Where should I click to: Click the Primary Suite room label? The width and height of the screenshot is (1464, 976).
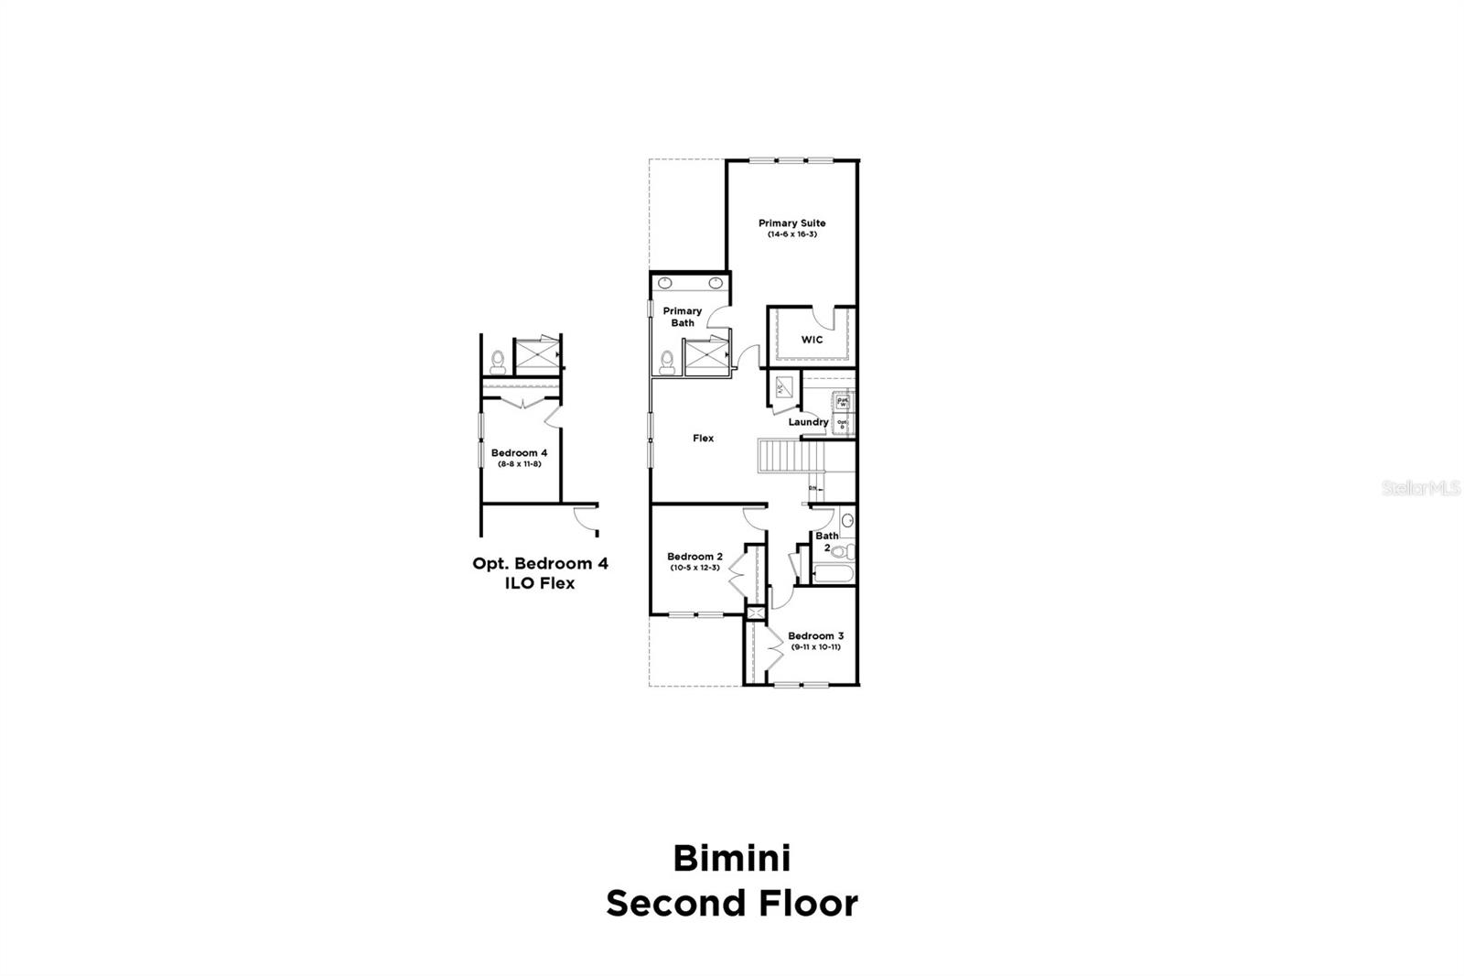pos(791,223)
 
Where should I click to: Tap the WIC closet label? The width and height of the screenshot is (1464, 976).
pos(812,340)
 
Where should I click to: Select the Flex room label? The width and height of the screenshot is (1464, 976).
pos(703,439)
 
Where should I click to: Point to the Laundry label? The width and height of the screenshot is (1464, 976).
pos(808,422)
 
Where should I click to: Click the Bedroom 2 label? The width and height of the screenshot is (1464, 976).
pos(694,557)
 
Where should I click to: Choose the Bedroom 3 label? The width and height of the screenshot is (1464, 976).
pos(815,636)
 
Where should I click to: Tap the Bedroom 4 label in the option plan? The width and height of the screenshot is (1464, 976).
pos(519,453)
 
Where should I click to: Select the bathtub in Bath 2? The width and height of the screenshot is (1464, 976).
pos(832,575)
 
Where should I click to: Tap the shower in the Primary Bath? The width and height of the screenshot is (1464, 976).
pos(706,356)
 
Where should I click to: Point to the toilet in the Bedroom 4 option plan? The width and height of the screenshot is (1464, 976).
pos(498,361)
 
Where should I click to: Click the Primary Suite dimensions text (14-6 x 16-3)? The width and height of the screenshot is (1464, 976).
pos(791,235)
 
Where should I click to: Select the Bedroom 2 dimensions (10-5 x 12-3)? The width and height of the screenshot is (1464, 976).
pos(694,568)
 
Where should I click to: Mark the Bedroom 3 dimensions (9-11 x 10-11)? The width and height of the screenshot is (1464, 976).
pos(815,647)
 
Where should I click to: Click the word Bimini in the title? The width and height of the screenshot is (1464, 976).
pos(732,859)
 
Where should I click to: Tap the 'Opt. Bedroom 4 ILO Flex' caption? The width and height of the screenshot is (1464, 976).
pos(540,573)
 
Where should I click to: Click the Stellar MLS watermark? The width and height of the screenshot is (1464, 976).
pos(1420,490)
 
